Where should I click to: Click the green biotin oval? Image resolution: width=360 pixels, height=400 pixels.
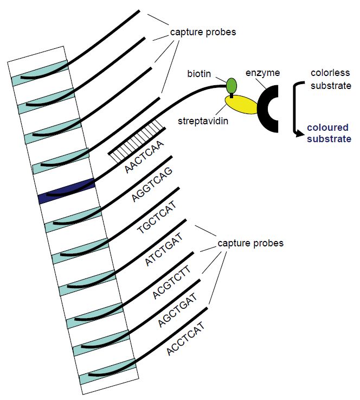(232, 85)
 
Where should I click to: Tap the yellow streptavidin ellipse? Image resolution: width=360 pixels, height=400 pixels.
(241, 104)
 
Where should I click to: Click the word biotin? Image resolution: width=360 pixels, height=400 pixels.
(199, 74)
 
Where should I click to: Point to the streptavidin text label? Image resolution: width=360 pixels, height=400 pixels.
(203, 120)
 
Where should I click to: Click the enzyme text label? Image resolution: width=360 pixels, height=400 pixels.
(262, 73)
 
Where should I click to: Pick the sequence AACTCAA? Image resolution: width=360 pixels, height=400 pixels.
(144, 157)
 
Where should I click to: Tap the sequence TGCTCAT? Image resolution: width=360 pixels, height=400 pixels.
(157, 218)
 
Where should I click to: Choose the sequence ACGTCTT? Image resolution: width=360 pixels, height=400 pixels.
(171, 282)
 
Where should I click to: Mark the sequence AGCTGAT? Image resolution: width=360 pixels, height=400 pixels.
(178, 310)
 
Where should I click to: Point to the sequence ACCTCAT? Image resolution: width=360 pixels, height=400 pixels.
(186, 339)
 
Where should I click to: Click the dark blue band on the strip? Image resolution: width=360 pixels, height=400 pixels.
(67, 191)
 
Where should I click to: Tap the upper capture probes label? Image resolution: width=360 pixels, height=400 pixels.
(203, 33)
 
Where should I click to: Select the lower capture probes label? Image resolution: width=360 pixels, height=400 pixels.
(250, 244)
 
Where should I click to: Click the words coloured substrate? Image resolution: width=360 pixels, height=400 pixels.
(329, 133)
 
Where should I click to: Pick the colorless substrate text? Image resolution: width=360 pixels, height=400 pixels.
(331, 79)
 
